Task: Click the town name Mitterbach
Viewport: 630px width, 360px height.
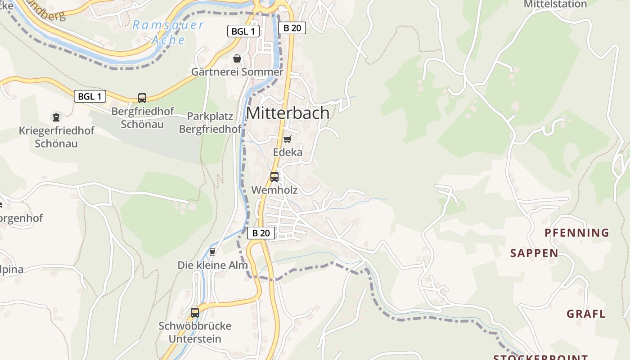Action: (288, 113)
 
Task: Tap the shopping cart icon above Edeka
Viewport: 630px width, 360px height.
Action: (287, 139)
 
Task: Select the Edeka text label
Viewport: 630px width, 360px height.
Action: (288, 153)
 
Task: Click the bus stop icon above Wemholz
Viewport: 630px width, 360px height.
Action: (274, 177)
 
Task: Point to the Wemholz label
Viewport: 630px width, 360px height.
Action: (274, 190)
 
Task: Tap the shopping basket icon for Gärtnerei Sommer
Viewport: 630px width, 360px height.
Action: (237, 58)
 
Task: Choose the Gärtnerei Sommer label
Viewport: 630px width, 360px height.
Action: (237, 72)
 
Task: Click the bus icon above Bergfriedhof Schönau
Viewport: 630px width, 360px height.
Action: (142, 98)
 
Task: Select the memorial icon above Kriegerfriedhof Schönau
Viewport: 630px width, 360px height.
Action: (56, 117)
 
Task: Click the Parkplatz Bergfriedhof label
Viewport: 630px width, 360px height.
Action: (210, 123)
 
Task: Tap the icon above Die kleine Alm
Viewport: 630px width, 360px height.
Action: (212, 252)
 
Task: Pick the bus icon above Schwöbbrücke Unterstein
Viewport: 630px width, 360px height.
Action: (195, 312)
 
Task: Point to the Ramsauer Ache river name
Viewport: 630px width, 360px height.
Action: (168, 32)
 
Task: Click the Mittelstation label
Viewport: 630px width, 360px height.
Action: (555, 4)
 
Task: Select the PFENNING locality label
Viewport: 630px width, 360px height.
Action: (576, 233)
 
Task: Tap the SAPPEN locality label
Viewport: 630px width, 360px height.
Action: (534, 253)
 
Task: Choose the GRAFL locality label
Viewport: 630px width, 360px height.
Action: (586, 314)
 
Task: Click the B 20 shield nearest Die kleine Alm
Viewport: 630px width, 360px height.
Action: (261, 233)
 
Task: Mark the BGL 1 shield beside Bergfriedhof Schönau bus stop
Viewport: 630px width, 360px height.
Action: (90, 96)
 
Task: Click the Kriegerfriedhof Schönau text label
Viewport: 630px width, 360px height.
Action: (56, 137)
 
